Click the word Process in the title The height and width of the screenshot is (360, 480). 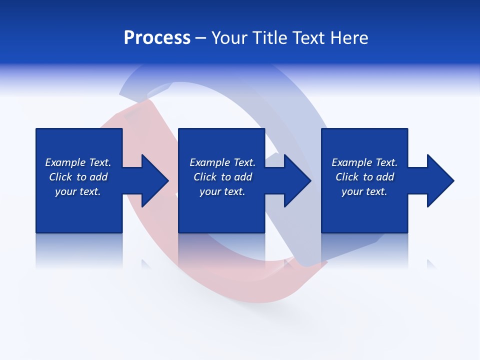(x=157, y=38)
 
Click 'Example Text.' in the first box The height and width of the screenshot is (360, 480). (x=78, y=162)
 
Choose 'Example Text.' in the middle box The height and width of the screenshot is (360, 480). (x=222, y=162)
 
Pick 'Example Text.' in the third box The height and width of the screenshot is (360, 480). (x=364, y=162)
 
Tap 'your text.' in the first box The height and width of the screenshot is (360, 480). (x=78, y=191)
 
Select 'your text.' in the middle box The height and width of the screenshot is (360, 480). (x=222, y=191)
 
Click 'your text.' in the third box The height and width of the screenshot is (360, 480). (x=364, y=191)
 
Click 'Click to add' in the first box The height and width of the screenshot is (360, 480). (x=78, y=177)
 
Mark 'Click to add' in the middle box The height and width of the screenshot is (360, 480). (x=222, y=177)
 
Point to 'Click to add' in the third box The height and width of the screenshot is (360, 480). (x=364, y=177)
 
